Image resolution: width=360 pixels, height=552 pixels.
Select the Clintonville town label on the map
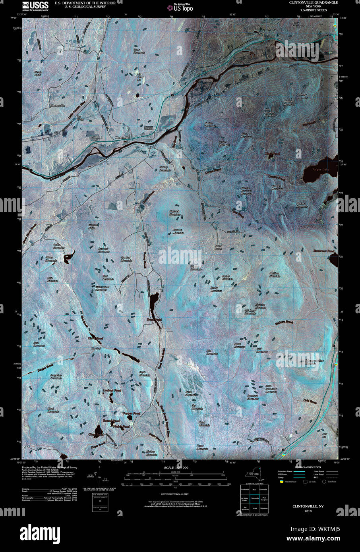click(x=122, y=137)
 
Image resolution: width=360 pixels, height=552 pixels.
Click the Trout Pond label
click(x=154, y=320)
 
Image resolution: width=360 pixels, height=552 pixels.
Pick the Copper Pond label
click(x=132, y=413)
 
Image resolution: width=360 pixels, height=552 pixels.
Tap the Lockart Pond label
click(x=112, y=390)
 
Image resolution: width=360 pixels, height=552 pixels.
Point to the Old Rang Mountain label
click(x=250, y=312)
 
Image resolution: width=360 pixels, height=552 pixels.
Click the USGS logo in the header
click(x=36, y=6)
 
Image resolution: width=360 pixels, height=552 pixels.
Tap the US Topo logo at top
click(x=180, y=7)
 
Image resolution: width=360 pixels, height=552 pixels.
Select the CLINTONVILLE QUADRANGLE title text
click(x=314, y=3)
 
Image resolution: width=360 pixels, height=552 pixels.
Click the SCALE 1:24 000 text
click(x=176, y=468)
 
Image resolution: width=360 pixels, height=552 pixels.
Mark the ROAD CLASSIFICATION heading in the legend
click(x=308, y=467)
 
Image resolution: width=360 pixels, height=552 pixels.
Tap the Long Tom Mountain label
click(x=56, y=376)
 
